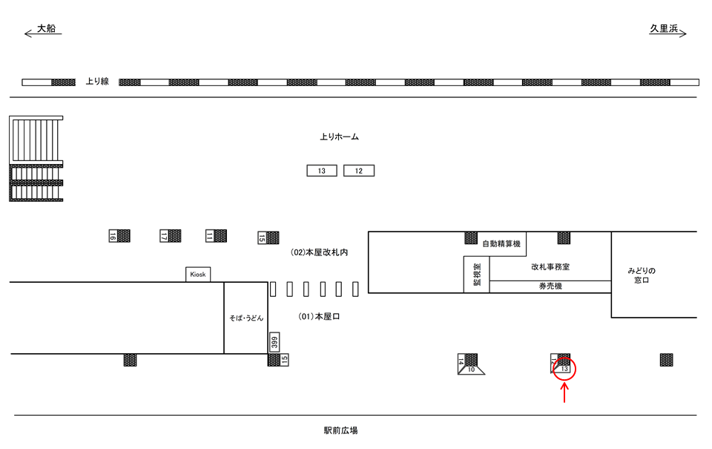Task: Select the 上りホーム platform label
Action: coord(339,137)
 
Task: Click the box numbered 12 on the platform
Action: coord(359,171)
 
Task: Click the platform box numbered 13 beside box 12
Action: coord(322,171)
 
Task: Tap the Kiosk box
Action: coord(198,275)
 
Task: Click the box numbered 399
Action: coord(274,342)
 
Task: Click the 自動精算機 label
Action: coord(501,243)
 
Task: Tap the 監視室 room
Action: coord(477,274)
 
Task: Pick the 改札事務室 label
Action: coord(550,266)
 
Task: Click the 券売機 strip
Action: coord(550,286)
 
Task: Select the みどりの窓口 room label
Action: coord(642,275)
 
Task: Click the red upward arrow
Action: coord(565,391)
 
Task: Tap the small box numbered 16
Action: coord(113,236)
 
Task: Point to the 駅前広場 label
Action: coord(340,430)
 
